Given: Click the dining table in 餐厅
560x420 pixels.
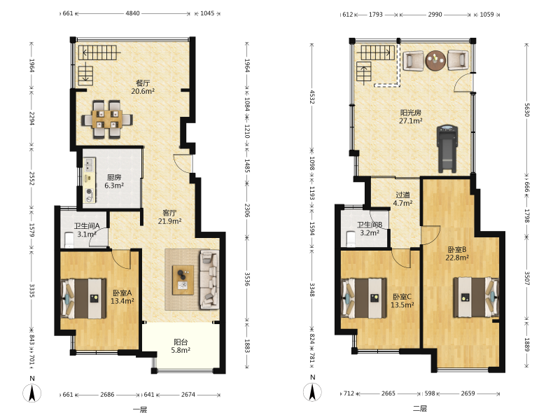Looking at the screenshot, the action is tap(107, 119).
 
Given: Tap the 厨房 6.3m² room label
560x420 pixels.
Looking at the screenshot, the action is tap(114, 181).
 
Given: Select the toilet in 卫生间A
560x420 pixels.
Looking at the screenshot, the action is tap(69, 240).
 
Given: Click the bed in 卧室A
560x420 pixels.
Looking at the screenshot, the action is tap(84, 299).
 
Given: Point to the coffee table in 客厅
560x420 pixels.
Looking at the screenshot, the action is tap(183, 280).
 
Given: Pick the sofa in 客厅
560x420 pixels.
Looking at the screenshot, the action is tap(209, 279).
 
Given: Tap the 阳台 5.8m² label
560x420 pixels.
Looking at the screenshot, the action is tap(181, 346).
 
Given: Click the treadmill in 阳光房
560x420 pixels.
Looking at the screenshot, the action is tap(447, 148).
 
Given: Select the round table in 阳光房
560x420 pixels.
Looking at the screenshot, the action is tap(435, 60).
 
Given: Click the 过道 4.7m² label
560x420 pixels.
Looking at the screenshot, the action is tap(403, 199).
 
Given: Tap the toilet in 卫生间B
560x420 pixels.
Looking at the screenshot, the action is tap(351, 239).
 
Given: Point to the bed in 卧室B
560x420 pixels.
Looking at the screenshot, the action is tap(476, 297).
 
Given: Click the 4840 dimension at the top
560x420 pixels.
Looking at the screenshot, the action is tap(132, 13).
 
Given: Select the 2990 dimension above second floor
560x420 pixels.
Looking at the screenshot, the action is tap(435, 15).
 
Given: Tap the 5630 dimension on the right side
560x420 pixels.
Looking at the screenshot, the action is tap(527, 110).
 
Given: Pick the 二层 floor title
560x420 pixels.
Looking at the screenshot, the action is tap(420, 408).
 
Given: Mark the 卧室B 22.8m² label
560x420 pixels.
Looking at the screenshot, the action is tap(457, 253).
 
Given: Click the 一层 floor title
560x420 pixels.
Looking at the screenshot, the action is tap(139, 409).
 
